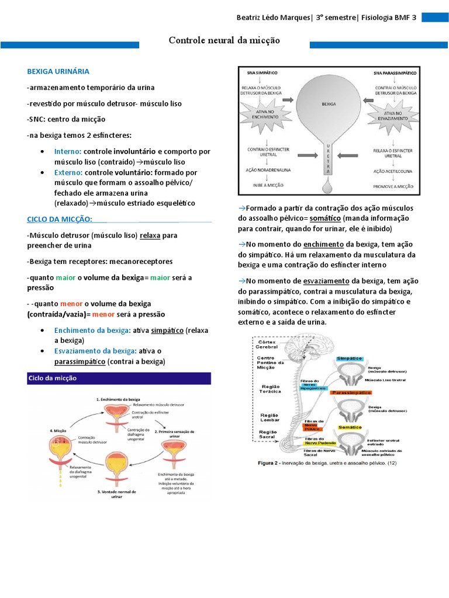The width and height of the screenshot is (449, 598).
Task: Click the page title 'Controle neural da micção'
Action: (224, 40)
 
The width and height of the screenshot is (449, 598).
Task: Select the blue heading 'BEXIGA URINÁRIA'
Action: (58, 71)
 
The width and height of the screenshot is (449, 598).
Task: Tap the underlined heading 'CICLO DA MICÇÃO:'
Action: (60, 219)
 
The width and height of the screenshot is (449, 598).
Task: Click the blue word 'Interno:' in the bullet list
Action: (68, 151)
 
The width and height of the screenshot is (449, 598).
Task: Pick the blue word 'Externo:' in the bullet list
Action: (69, 173)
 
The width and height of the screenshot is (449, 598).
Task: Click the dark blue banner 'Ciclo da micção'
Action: (53, 378)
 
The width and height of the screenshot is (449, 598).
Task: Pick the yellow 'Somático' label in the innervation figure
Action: (350, 427)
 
